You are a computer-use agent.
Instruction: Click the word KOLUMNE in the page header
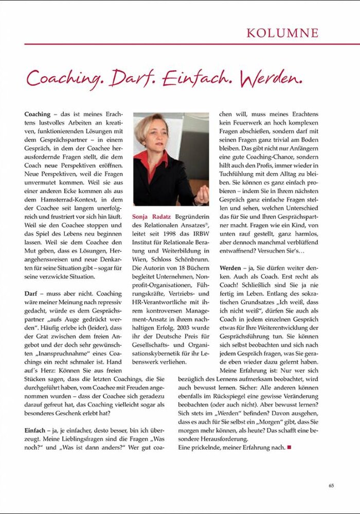point(282,33)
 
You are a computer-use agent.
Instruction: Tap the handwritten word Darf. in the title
point(132,78)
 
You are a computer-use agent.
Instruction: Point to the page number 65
point(331,485)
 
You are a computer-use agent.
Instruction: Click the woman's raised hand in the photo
point(201,194)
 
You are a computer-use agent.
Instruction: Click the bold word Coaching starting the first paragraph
point(37,114)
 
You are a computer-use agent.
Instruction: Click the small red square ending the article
point(289,448)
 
